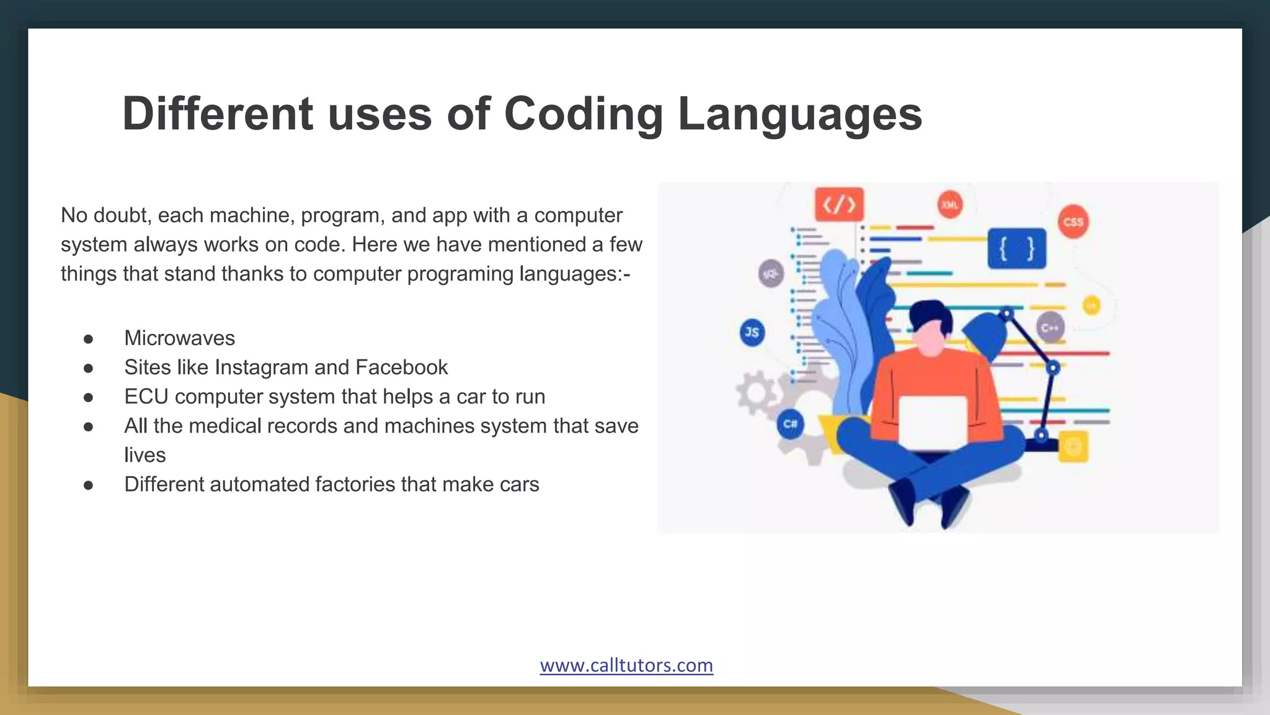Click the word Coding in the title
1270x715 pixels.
click(x=584, y=114)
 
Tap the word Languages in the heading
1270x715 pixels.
click(x=800, y=114)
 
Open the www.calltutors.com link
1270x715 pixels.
click(x=626, y=665)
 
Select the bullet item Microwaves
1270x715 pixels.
click(x=179, y=338)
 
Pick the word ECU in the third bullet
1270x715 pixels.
click(x=146, y=397)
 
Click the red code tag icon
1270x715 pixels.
click(x=839, y=204)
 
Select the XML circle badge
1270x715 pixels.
click(x=949, y=205)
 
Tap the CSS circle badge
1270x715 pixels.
click(x=1073, y=222)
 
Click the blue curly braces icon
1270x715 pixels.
click(x=1016, y=249)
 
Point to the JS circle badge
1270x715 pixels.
click(x=752, y=332)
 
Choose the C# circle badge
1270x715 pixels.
click(x=790, y=424)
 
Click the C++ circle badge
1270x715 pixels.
click(x=1050, y=328)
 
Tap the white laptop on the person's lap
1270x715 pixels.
click(x=932, y=422)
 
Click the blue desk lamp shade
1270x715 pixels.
click(x=986, y=335)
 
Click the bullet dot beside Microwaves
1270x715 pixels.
click(x=88, y=339)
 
